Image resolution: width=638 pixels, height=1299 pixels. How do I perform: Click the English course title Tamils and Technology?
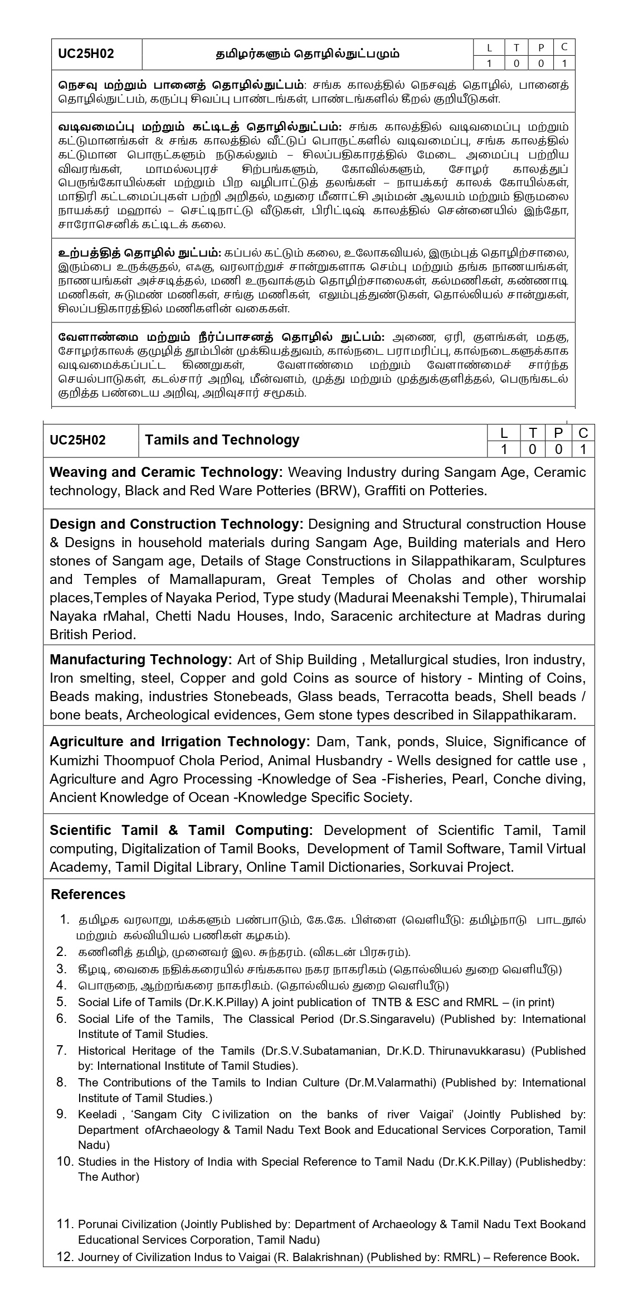point(222,440)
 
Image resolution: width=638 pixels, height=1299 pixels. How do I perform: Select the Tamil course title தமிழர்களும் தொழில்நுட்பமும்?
point(308,54)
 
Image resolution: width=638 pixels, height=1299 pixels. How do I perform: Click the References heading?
point(88,895)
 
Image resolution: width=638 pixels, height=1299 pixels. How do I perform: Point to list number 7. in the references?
point(61,1051)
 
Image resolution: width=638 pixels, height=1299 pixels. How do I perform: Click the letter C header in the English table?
point(583,433)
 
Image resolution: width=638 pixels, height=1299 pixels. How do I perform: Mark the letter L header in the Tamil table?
point(490,47)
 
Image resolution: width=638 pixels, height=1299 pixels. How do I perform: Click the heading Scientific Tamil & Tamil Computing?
point(181,830)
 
